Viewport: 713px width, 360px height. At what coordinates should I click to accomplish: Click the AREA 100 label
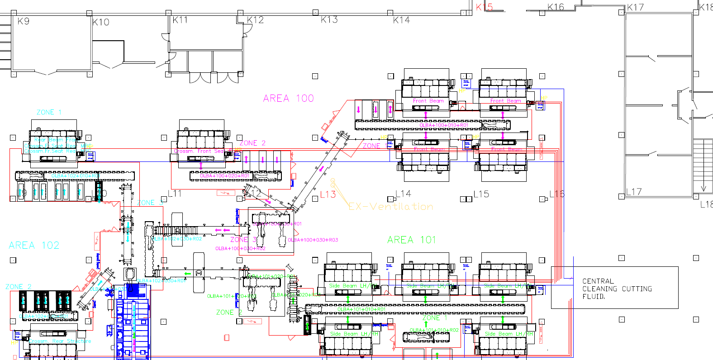click(288, 99)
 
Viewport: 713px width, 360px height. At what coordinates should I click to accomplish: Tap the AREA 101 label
click(411, 240)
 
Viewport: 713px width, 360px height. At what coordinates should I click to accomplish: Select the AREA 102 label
click(34, 246)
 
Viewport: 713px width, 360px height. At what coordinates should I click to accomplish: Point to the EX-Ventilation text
click(391, 207)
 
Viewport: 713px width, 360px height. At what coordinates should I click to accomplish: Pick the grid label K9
click(23, 21)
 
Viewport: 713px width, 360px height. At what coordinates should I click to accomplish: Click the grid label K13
click(329, 20)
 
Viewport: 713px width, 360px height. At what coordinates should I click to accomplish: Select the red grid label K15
click(484, 7)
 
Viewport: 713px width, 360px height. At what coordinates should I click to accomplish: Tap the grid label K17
click(635, 8)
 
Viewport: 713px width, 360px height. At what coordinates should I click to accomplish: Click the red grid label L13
click(328, 194)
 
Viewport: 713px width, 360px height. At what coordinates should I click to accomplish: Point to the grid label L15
click(481, 194)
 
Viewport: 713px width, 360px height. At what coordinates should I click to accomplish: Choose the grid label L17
click(634, 192)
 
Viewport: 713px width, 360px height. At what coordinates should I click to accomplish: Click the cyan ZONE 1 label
click(49, 112)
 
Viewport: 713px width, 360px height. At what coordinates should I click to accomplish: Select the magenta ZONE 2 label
click(252, 143)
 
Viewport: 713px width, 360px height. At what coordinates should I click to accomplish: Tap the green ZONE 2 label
click(229, 313)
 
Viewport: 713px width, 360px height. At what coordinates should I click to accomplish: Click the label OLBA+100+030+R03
click(313, 240)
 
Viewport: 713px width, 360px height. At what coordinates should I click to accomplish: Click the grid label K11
click(180, 20)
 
